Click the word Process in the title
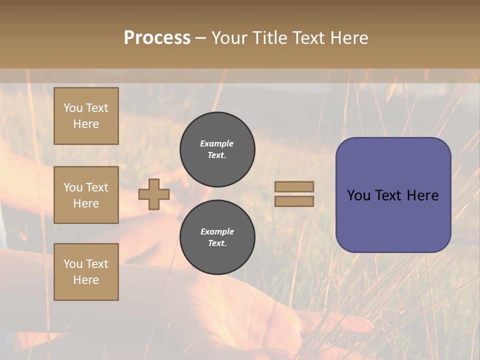tap(157, 38)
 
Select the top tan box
tap(86, 116)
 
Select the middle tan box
tap(86, 195)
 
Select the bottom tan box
tap(86, 272)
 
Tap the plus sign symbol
tap(154, 194)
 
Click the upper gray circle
tap(217, 149)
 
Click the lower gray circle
tap(217, 237)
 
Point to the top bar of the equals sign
tap(294, 186)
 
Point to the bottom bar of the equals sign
tap(294, 201)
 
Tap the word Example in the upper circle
tap(217, 143)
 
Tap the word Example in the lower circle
tap(217, 231)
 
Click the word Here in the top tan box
tap(86, 124)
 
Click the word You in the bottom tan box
tap(73, 264)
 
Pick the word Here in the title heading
tap(348, 38)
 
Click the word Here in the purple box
tap(422, 195)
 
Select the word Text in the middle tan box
tap(97, 187)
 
